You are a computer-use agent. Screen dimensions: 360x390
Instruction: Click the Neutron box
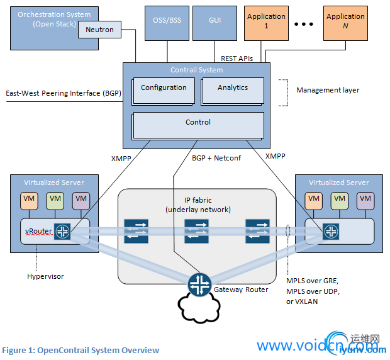point(100,29)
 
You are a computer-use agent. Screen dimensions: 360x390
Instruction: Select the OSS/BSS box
point(167,20)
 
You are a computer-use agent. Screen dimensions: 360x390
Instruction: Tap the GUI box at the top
point(214,20)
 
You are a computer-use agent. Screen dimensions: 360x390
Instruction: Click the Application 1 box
point(266,21)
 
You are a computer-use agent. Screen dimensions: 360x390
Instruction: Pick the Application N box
point(345,21)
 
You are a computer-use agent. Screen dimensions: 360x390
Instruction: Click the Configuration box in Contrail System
point(164,89)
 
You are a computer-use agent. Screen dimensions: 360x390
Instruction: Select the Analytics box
point(233,89)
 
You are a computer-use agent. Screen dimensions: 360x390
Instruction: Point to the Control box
point(198,123)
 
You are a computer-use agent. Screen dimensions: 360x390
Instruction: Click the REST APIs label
point(237,58)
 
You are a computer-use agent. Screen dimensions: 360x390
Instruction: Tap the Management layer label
point(328,90)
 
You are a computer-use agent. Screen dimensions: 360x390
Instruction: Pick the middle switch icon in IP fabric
point(196,231)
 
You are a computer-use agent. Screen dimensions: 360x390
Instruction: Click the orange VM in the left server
point(30,200)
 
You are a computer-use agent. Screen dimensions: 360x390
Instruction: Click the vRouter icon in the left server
point(62,231)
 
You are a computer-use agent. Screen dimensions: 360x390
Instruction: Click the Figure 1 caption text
point(81,350)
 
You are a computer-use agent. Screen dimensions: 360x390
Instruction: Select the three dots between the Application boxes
point(303,25)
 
